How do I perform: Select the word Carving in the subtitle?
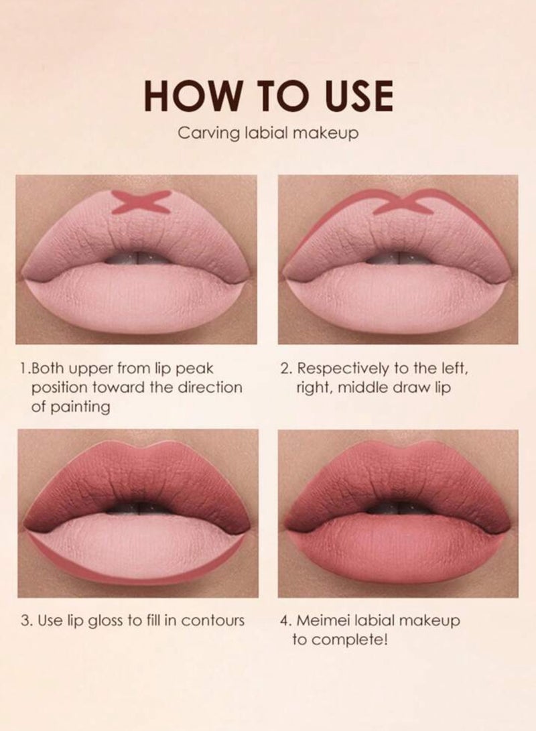point(200,133)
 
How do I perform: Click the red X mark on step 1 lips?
point(140,202)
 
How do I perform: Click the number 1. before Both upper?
point(25,368)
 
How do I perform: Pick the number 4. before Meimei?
point(285,621)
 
